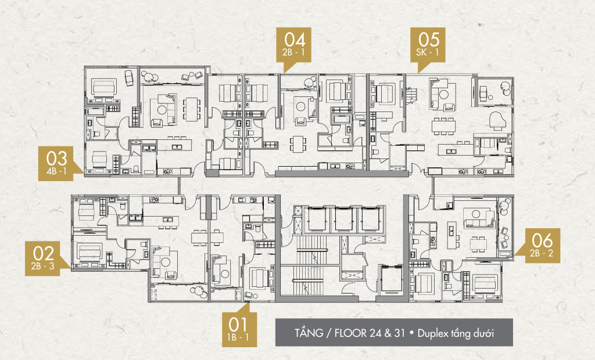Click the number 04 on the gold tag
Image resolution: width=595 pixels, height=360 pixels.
click(x=295, y=39)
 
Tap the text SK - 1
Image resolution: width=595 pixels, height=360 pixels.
click(x=427, y=52)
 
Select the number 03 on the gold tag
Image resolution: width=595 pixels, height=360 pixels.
click(x=56, y=159)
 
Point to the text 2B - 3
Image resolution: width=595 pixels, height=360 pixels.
click(x=43, y=266)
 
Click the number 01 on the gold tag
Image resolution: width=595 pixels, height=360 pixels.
click(x=238, y=325)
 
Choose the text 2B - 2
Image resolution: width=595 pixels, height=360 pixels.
click(x=542, y=253)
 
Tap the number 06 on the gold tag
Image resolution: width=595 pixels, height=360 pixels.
click(x=542, y=240)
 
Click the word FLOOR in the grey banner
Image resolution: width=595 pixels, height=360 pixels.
click(x=350, y=333)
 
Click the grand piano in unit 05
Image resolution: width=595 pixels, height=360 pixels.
click(x=497, y=121)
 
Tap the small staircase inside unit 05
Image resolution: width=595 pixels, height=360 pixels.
click(x=411, y=95)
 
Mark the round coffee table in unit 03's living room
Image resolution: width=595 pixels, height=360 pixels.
click(x=162, y=110)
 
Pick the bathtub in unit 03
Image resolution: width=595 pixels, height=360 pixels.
click(x=96, y=111)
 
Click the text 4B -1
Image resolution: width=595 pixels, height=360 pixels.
click(x=56, y=171)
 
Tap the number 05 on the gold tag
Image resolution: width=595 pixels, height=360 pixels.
click(x=429, y=39)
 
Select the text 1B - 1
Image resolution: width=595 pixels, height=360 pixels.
click(x=238, y=337)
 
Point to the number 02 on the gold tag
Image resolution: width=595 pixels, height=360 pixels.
click(x=43, y=253)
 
